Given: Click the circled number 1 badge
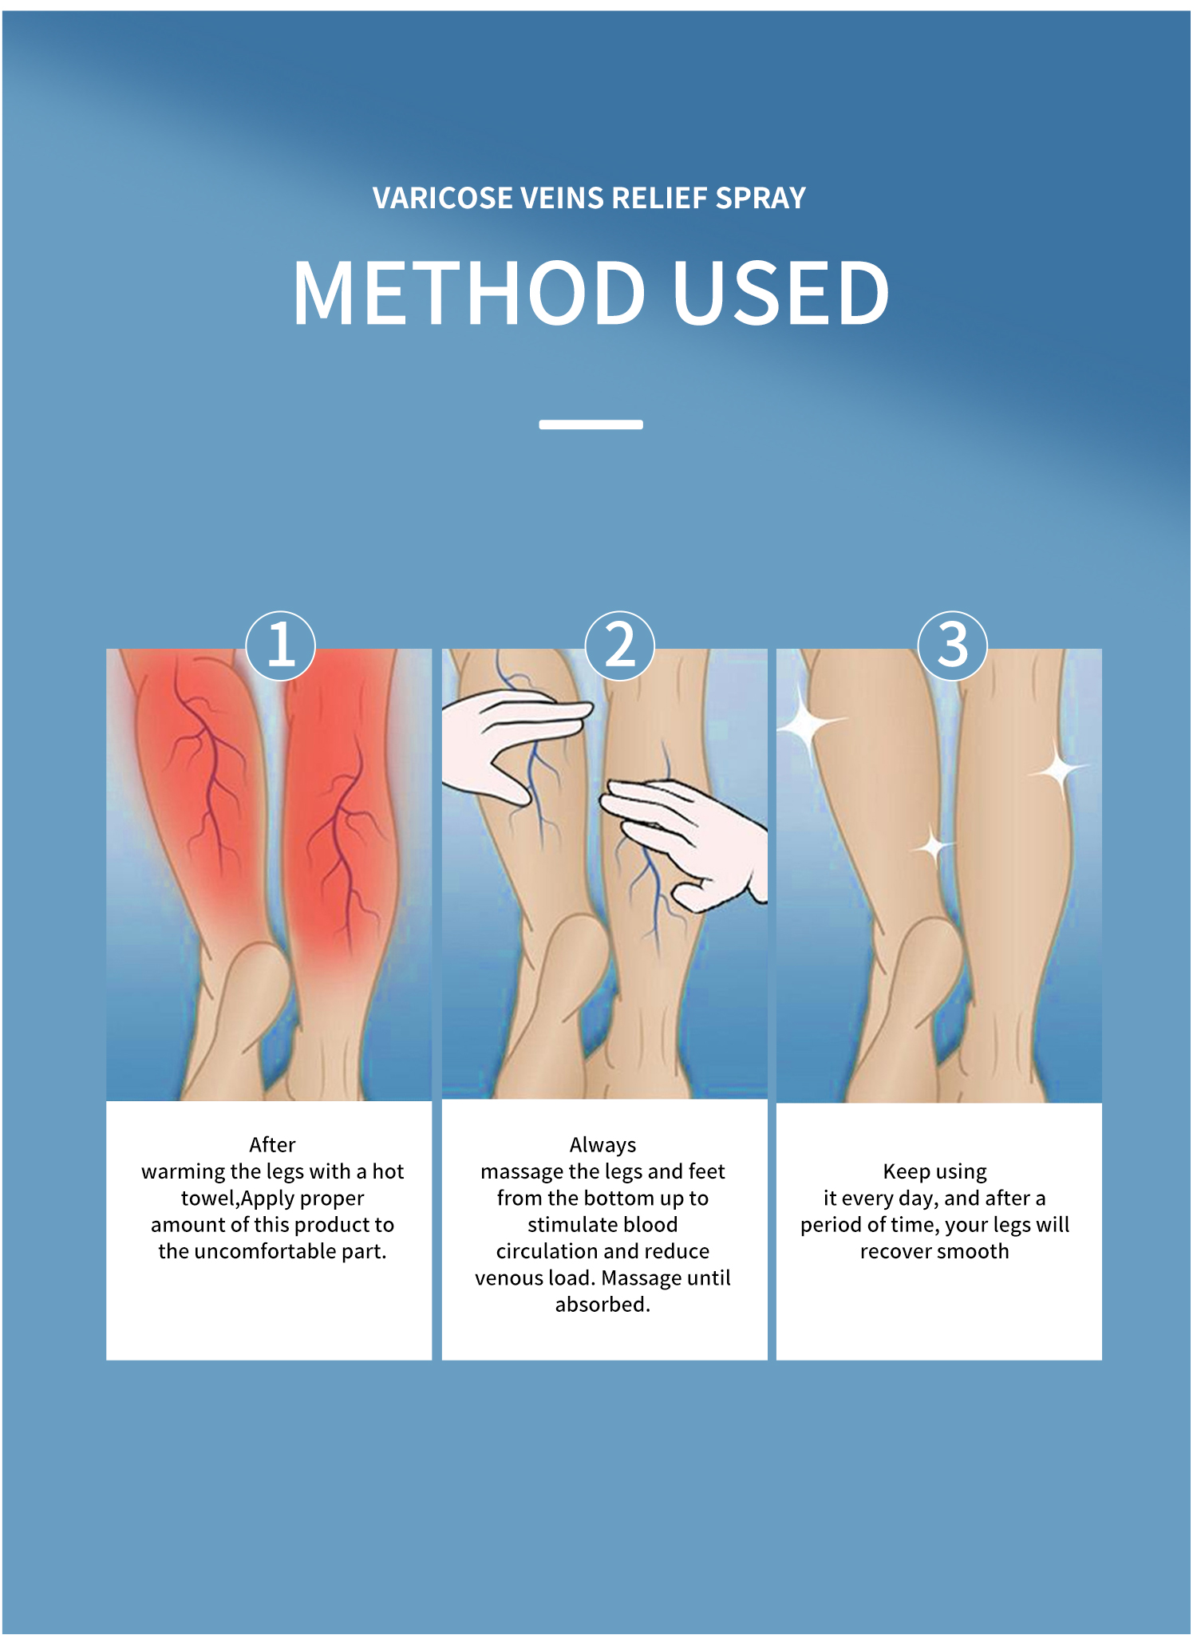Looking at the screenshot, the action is point(280,646).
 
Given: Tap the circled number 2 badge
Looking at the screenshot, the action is point(620,646).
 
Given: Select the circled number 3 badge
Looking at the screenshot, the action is point(953,646).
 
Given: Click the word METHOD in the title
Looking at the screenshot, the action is point(469,293).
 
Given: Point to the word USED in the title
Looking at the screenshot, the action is point(781,293).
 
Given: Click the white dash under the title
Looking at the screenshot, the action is point(591,425).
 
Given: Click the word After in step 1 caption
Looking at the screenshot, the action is point(272,1145).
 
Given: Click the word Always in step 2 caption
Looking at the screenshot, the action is point(602,1146).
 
